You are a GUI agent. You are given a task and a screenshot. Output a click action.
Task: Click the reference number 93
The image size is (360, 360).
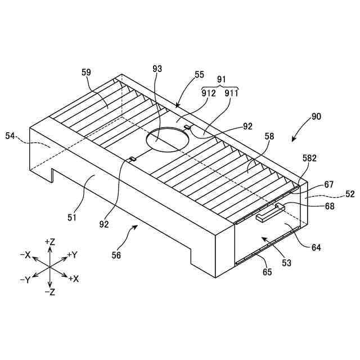(x=157, y=69)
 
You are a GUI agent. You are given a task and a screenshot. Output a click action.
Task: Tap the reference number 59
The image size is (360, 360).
(x=86, y=72)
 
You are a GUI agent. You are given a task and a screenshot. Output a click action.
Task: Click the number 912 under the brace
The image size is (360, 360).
(x=209, y=94)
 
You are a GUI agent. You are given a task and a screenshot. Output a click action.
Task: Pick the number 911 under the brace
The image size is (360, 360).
(x=231, y=94)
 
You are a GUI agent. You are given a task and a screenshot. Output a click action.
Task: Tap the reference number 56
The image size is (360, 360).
(x=116, y=255)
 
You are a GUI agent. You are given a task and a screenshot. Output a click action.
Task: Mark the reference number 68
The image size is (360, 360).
(x=329, y=206)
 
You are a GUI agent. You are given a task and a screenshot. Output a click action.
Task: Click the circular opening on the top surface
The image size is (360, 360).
(x=166, y=138)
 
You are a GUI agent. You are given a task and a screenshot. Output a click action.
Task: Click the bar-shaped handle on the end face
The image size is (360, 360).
(x=271, y=213)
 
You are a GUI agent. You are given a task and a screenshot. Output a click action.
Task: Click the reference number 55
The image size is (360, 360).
(x=199, y=74)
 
